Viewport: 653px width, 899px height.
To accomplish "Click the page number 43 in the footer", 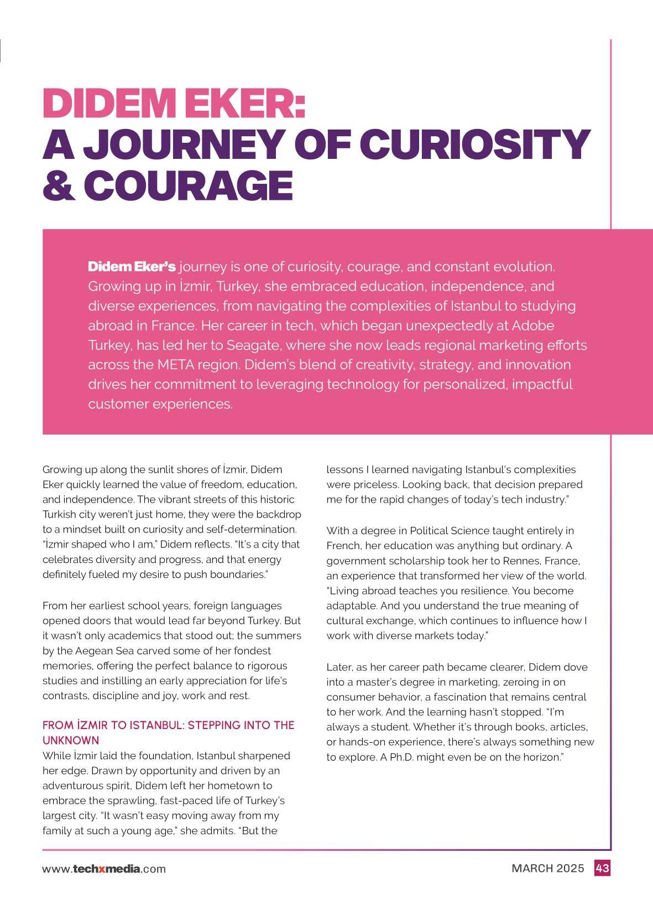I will click(x=602, y=868).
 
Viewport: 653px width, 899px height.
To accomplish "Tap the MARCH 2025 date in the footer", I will click(x=547, y=868).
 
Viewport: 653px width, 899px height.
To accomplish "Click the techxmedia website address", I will click(x=104, y=869).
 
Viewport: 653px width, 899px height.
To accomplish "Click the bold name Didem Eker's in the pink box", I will click(x=132, y=267).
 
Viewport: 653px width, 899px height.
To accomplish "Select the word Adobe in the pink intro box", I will click(x=533, y=325).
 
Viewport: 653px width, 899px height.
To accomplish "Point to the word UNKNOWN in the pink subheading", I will click(x=71, y=741).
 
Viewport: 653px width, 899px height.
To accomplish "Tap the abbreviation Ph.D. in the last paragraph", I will click(x=401, y=757).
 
